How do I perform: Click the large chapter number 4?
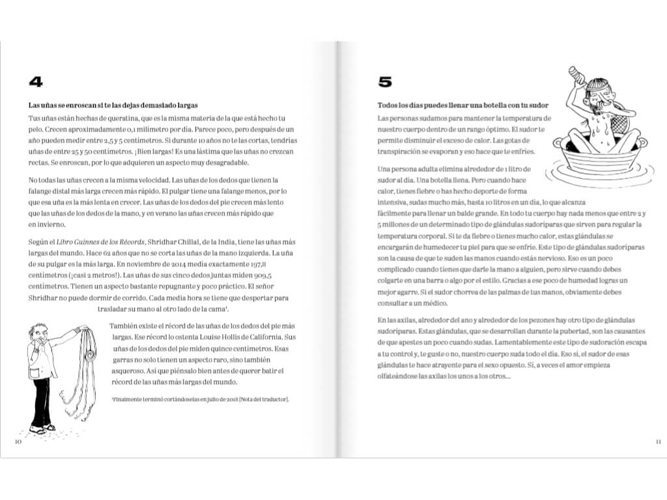click(x=36, y=81)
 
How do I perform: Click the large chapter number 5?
click(x=386, y=81)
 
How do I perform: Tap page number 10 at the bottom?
click(x=18, y=442)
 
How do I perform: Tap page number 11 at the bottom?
click(x=658, y=442)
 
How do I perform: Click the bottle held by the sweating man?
click(x=575, y=76)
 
